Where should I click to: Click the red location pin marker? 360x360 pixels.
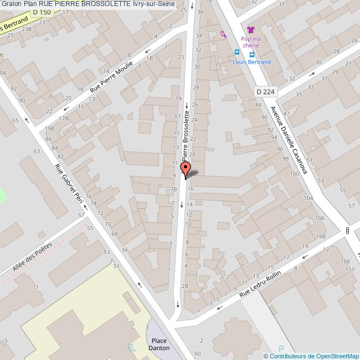click(186, 169)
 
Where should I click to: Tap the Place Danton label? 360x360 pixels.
click(159, 344)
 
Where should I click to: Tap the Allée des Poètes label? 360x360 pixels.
click(32, 258)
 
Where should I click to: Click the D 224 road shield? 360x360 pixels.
click(265, 91)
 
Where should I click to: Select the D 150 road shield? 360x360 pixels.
click(42, 12)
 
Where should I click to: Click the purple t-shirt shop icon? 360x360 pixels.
click(250, 29)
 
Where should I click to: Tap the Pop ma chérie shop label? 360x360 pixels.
click(251, 42)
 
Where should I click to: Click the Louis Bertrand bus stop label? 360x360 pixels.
click(251, 62)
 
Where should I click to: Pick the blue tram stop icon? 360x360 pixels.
click(237, 52)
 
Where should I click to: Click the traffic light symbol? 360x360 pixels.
click(347, 230)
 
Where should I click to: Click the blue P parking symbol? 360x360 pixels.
click(281, 349)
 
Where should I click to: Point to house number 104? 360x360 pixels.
click(308, 198)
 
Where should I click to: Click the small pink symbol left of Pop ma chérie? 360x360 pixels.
click(223, 34)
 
